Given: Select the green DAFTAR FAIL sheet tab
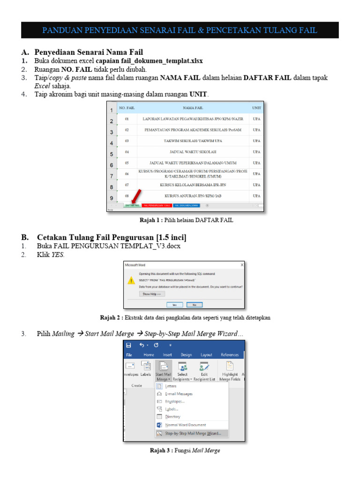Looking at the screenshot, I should click(x=132, y=205).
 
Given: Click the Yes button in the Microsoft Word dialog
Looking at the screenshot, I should click(x=174, y=304).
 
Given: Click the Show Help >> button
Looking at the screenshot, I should click(x=152, y=294).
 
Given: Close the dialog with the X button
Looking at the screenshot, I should click(x=242, y=264).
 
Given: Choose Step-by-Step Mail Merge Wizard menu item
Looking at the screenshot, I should click(x=193, y=434).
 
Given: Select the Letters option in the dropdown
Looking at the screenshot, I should click(x=171, y=386).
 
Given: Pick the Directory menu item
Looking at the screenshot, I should click(x=172, y=416).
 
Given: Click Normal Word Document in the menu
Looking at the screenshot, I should click(x=185, y=425).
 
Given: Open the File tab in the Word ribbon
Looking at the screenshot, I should click(x=129, y=355).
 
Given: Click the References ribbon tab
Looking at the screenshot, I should click(x=230, y=355).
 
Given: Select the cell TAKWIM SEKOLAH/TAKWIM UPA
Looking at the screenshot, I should click(x=193, y=141).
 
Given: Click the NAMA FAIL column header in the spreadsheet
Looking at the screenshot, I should click(x=193, y=108).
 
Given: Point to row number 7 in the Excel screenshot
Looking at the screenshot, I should click(x=112, y=176).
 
